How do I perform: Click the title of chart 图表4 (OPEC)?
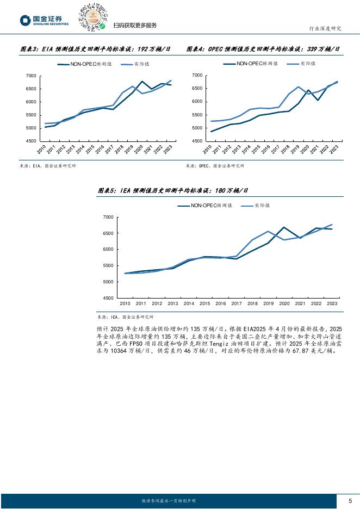point(263,49)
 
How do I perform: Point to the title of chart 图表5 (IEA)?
point(172,190)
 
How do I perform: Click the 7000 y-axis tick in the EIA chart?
point(30,76)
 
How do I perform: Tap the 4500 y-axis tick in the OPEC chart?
point(197,141)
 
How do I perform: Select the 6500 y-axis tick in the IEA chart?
point(108,233)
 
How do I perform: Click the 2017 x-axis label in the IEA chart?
point(237,303)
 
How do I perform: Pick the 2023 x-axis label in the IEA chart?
point(332,303)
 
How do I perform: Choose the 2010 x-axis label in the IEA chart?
point(125,303)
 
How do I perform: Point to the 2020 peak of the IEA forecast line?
point(284,227)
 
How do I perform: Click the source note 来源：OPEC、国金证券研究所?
point(215,166)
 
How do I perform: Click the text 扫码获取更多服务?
point(135,25)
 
